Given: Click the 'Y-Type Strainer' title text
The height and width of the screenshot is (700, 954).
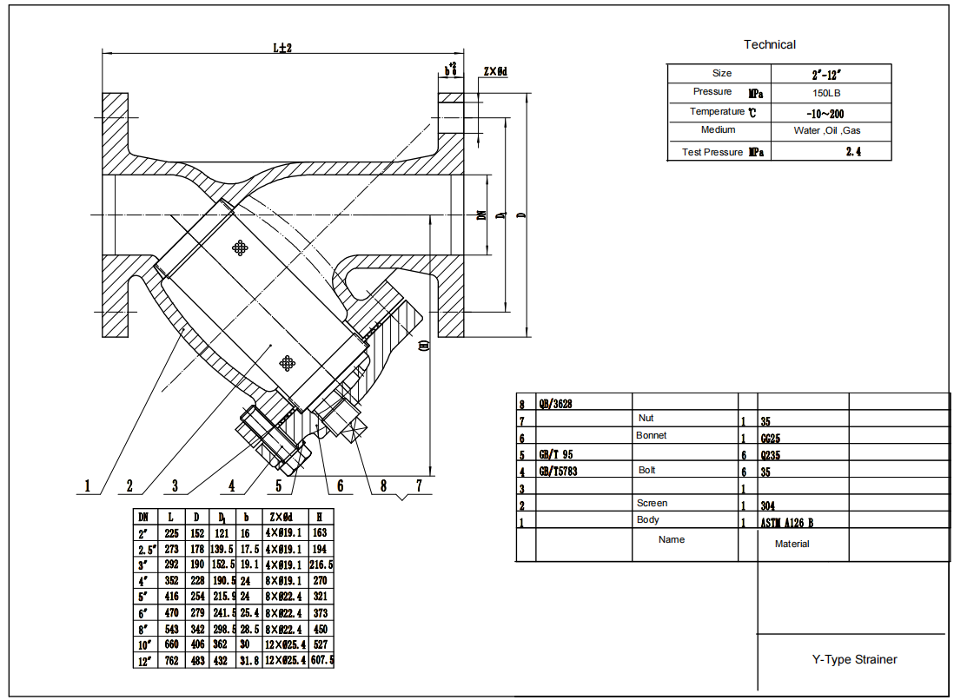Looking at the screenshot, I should [x=854, y=659].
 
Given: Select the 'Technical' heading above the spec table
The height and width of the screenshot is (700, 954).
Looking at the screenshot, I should [x=769, y=44].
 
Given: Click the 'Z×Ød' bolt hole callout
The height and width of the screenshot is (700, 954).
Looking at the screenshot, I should [x=494, y=71].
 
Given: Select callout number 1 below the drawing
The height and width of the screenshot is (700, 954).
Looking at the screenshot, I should [x=87, y=486].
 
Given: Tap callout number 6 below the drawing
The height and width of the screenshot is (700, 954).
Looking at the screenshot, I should [x=340, y=486].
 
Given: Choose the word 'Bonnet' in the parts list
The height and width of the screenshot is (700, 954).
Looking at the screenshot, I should [x=651, y=435].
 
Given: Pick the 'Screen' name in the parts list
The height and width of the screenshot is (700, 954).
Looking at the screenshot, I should [x=652, y=503].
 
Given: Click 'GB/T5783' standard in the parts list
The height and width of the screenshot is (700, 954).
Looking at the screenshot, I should [x=559, y=472].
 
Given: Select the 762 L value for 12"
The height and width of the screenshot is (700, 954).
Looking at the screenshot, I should [x=172, y=661].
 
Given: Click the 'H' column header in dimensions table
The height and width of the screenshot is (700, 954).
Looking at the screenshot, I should [x=321, y=517].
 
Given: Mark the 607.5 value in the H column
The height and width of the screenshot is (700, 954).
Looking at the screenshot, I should [x=321, y=661].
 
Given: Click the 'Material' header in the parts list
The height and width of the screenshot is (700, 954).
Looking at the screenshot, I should [x=792, y=544].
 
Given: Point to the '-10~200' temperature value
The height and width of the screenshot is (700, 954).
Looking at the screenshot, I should [x=825, y=113].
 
